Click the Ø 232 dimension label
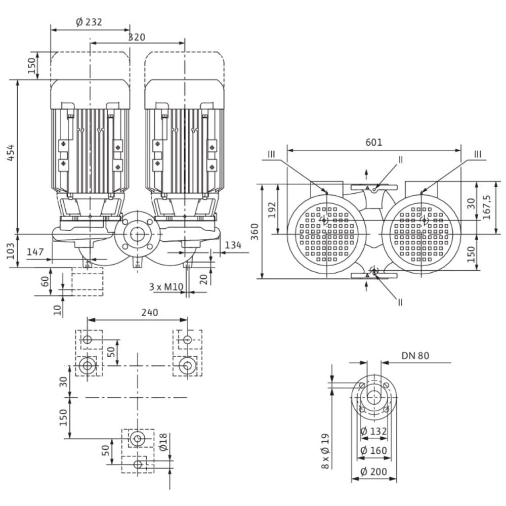point(90,22)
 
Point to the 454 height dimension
point(10,153)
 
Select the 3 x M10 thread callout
point(165,286)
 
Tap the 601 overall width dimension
point(374,142)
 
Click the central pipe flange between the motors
point(136,234)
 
